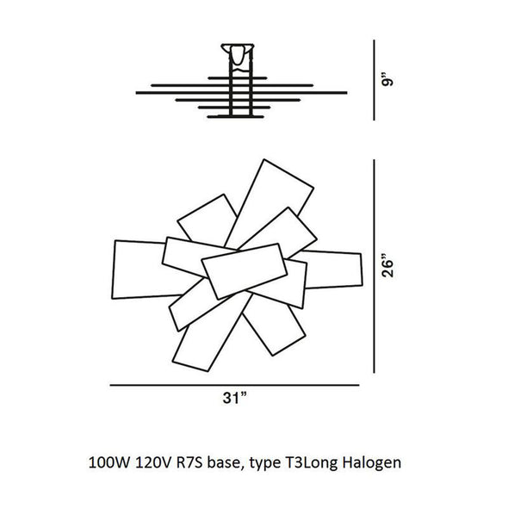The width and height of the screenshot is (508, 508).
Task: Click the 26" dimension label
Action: tap(387, 268)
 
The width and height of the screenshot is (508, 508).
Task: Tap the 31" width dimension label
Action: tap(234, 398)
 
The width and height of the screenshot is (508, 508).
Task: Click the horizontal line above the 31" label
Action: tap(234, 385)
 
